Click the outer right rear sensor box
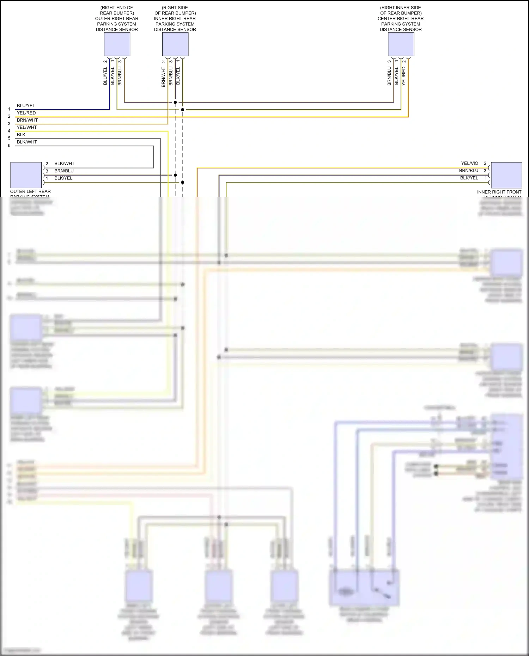(x=117, y=44)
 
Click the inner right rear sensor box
(x=175, y=44)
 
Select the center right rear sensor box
(x=401, y=44)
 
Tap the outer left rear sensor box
(x=26, y=175)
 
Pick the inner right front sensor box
(x=506, y=175)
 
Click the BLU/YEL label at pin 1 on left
(x=26, y=105)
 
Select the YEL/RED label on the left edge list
(x=26, y=113)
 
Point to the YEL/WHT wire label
(x=26, y=127)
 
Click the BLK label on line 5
(x=21, y=135)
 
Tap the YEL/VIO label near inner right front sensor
(x=469, y=163)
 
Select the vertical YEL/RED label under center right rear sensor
(x=404, y=76)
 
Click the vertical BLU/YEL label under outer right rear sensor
(x=105, y=76)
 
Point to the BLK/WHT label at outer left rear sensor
(x=64, y=164)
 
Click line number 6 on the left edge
(x=9, y=146)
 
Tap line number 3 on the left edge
(x=9, y=124)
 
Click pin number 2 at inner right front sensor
(x=485, y=163)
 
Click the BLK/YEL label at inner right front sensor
(x=469, y=178)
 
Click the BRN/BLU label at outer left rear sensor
(x=64, y=171)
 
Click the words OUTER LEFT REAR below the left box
(x=30, y=191)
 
